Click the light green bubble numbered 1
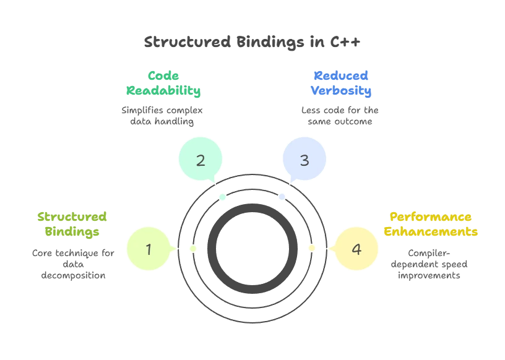149,249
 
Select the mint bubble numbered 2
200,160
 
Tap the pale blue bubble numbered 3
304,160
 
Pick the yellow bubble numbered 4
356,249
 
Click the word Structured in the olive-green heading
72,217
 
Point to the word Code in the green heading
163,76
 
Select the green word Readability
163,91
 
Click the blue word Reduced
341,76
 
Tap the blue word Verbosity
341,91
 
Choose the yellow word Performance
431,217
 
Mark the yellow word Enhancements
431,232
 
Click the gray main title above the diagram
252,43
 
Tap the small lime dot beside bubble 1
192,248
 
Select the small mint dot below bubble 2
223,197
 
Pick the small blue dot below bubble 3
282,197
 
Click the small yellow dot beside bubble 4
312,248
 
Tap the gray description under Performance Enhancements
431,265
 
